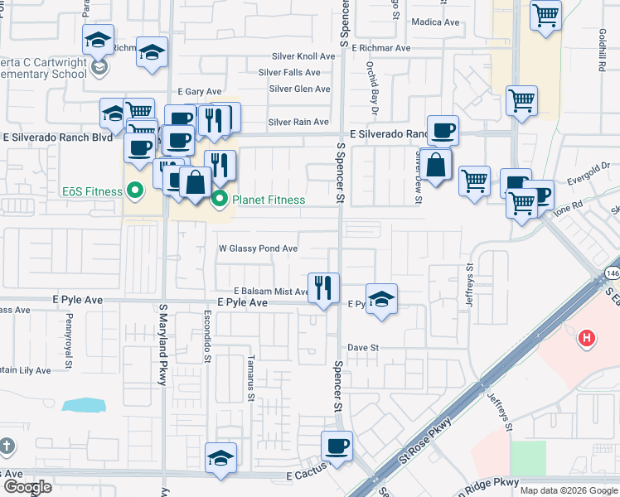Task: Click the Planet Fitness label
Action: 268,200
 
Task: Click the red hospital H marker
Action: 587,338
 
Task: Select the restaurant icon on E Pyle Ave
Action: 322,287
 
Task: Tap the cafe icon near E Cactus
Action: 337,446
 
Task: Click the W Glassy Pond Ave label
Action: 258,248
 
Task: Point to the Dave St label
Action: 362,348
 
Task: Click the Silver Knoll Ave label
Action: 303,56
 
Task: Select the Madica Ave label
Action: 434,22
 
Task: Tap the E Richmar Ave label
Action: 380,48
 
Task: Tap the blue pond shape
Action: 85,405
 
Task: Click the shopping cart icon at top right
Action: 546,14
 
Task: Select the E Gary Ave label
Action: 201,92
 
